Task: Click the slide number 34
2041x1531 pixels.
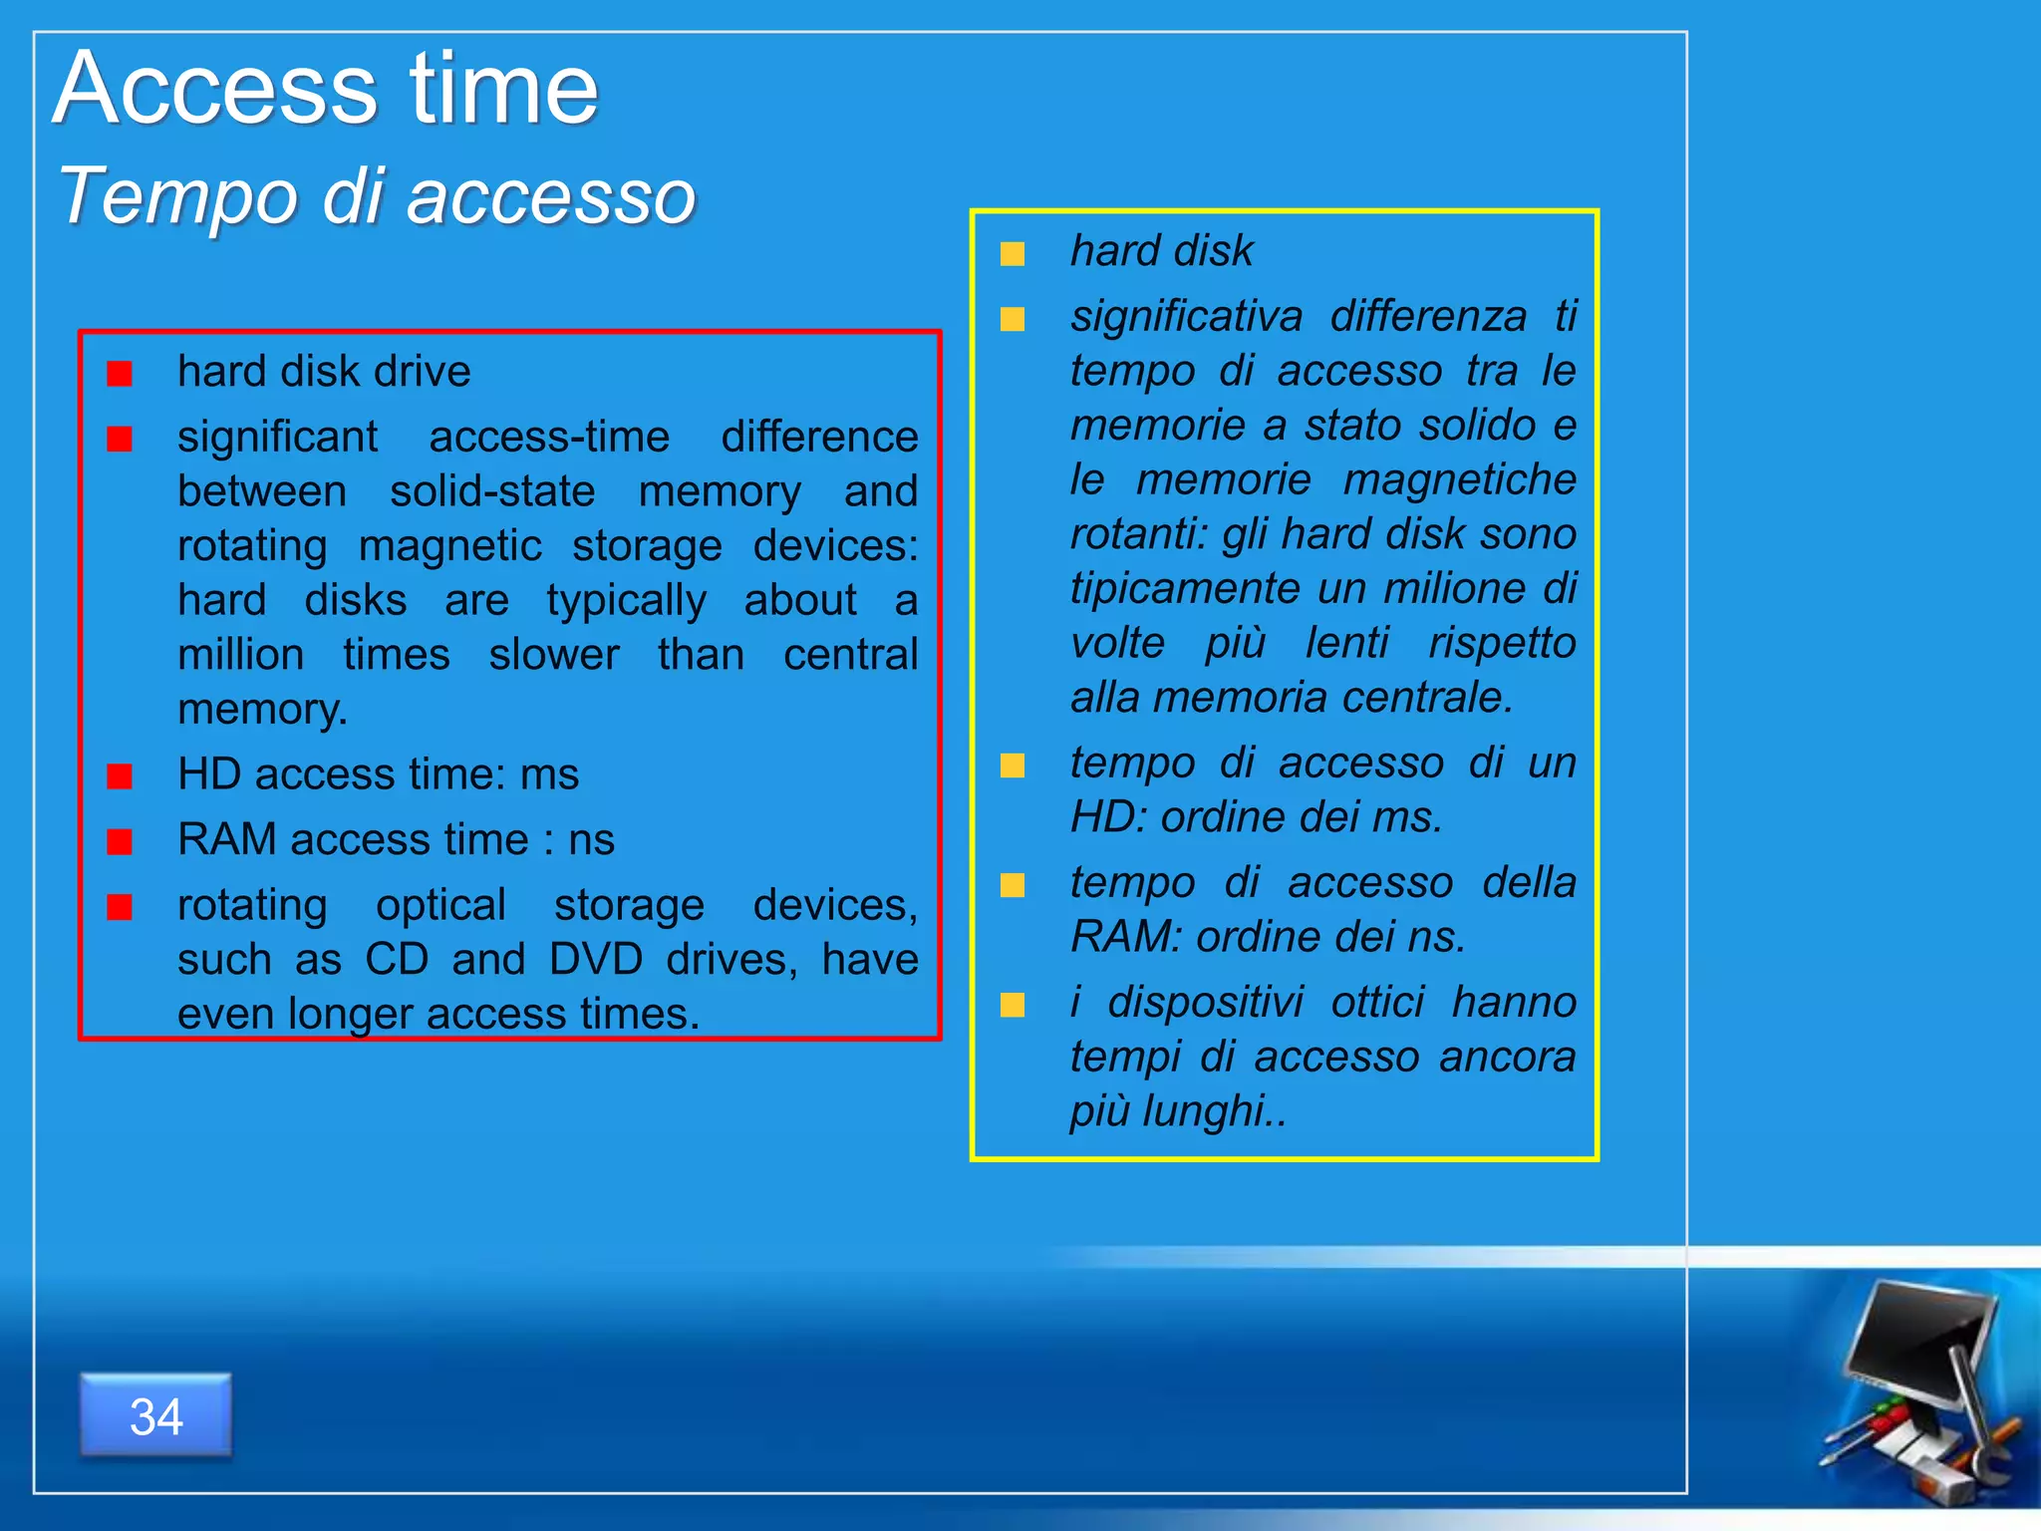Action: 156,1416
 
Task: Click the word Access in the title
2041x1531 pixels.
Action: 215,90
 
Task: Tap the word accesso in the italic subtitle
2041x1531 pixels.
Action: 551,196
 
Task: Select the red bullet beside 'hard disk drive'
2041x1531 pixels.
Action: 120,374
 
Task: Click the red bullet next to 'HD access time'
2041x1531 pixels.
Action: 120,776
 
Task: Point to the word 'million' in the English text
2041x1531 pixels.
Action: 240,656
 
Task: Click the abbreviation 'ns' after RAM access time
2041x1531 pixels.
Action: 591,840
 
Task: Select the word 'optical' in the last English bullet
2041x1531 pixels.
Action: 440,905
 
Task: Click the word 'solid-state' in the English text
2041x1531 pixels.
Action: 492,492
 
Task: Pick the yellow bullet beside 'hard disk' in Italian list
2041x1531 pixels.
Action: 1013,254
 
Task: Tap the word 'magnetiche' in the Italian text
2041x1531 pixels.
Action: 1459,480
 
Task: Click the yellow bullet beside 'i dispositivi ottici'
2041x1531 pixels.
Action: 1013,1005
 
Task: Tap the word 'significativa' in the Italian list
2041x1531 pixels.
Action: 1186,317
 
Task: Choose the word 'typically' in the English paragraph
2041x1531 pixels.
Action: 626,601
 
